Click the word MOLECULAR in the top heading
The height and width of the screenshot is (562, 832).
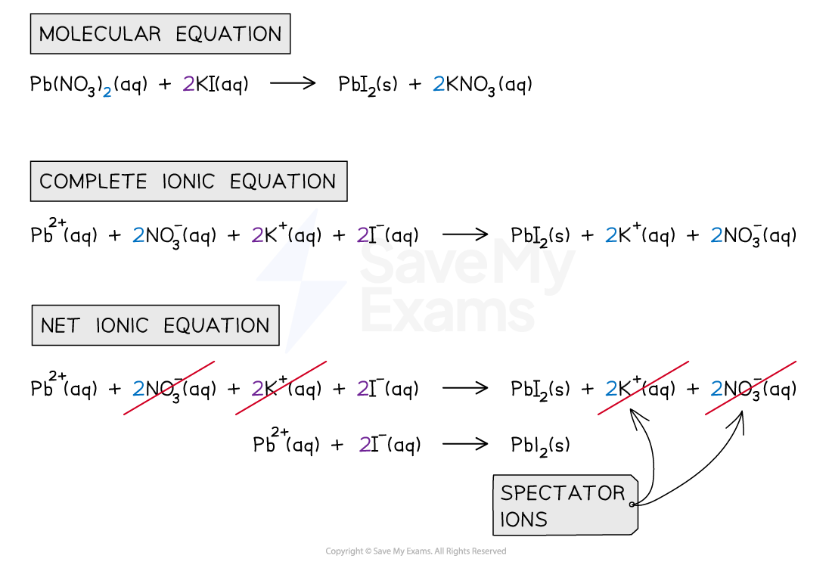click(100, 34)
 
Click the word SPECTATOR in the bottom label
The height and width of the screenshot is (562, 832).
click(563, 493)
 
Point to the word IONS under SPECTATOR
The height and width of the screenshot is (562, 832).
click(523, 520)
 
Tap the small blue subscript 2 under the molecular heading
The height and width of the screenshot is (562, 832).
click(107, 93)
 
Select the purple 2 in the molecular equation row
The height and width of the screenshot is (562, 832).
click(188, 84)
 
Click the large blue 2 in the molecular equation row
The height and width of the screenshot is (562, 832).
click(439, 84)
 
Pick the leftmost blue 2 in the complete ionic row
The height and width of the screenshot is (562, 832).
click(138, 235)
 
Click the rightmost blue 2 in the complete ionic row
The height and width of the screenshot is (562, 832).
click(716, 235)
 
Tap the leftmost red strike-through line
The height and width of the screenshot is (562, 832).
click(169, 387)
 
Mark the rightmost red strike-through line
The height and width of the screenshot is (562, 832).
click(750, 387)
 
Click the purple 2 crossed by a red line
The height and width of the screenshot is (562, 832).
click(258, 389)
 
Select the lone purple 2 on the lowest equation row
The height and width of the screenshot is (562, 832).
click(365, 445)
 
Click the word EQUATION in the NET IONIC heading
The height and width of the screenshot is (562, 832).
click(216, 325)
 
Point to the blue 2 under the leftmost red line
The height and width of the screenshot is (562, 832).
click(138, 389)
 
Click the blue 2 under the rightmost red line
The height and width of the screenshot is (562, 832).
click(716, 389)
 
